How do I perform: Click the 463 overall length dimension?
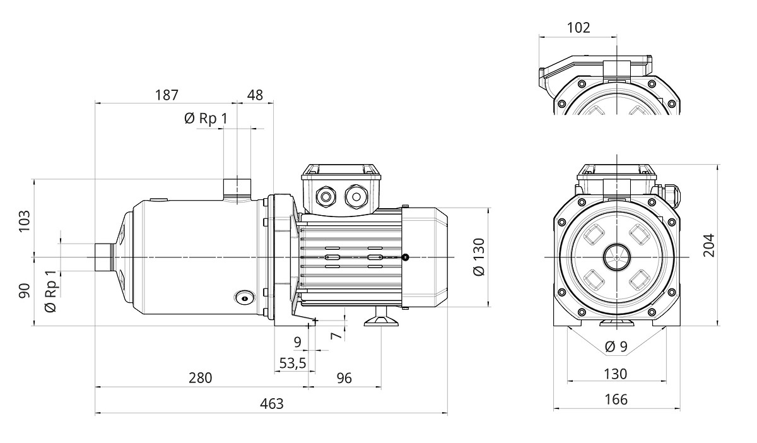(271, 404)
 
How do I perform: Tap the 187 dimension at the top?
(167, 95)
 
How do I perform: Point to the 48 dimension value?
(255, 95)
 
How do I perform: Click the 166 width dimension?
(616, 399)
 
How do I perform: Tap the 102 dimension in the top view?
(578, 27)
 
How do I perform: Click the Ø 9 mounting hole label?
(616, 346)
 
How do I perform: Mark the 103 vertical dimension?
(25, 220)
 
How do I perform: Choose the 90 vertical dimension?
(25, 292)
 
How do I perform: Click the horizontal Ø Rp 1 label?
(205, 118)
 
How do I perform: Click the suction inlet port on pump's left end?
(102, 257)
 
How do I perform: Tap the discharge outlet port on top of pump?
(237, 187)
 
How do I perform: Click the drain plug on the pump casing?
(244, 297)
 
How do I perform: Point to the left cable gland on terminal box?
(326, 197)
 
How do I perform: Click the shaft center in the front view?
(616, 257)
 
